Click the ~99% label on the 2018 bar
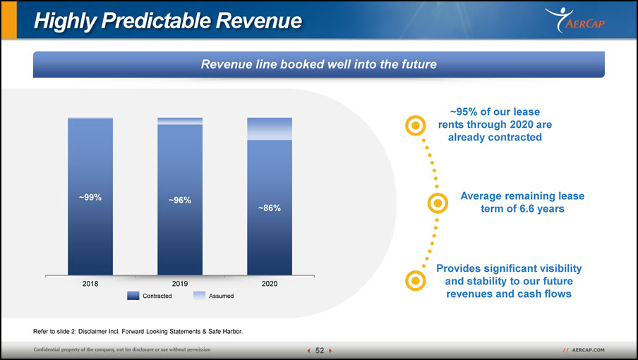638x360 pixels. pos(90,197)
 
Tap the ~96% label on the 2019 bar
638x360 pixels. pos(180,200)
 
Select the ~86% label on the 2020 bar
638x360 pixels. pos(270,208)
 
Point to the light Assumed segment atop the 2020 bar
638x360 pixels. pos(270,129)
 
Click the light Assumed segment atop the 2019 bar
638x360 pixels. pos(180,121)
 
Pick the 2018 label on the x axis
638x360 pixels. pos(90,284)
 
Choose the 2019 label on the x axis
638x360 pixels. pos(180,284)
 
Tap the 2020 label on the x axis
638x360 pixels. pos(270,284)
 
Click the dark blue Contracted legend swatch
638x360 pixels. pos(133,296)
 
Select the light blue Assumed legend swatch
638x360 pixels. pos(199,296)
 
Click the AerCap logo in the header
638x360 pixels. pos(575,20)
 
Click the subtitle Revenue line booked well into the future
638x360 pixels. pos(318,64)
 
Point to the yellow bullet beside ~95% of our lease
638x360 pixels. pos(416,125)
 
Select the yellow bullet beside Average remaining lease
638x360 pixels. pos(438,203)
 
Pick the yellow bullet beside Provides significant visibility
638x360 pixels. pos(416,281)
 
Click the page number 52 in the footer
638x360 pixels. pos(320,351)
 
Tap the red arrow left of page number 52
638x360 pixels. pos(308,351)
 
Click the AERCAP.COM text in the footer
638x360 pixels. pos(588,350)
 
